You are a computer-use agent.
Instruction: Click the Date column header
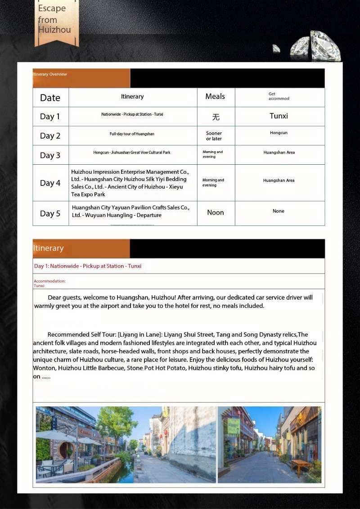[50, 98]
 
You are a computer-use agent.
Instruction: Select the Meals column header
[215, 96]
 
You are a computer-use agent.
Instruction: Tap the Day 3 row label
[50, 155]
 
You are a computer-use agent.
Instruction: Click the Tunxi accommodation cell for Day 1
[279, 116]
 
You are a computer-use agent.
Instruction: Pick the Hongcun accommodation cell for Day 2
[279, 133]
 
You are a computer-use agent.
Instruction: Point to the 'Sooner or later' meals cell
[214, 136]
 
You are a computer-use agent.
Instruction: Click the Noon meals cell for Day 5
[215, 212]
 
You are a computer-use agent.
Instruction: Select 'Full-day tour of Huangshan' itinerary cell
[132, 134]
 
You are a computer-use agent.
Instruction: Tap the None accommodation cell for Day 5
[279, 211]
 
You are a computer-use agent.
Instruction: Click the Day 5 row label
[50, 213]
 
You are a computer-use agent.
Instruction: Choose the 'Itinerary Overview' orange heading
[50, 74]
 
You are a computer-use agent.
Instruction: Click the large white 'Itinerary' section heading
[48, 248]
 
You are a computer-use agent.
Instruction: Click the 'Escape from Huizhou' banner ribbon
[56, 20]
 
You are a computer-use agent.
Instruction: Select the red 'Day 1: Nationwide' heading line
[88, 266]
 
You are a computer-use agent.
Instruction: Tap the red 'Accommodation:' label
[49, 281]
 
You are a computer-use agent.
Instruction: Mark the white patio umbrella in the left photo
[56, 435]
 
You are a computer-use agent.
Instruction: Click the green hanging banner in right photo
[234, 426]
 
